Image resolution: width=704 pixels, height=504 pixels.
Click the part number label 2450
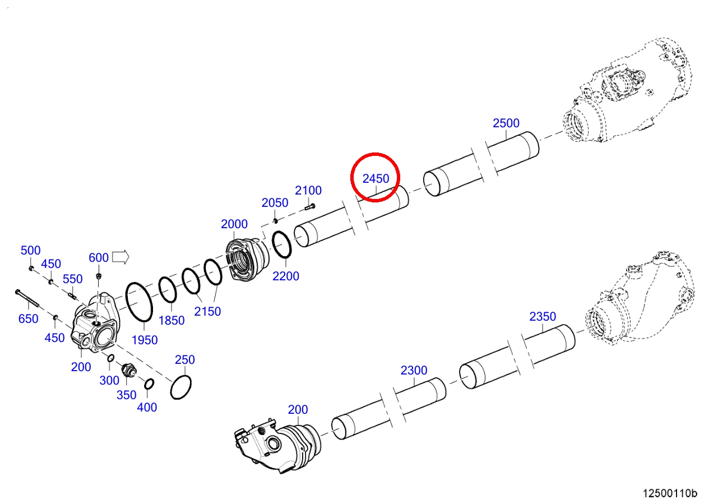(x=376, y=179)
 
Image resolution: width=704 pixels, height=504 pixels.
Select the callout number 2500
(x=506, y=123)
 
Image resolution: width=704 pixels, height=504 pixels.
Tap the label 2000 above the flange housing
(x=234, y=224)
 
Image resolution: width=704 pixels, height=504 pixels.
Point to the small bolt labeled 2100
(x=309, y=207)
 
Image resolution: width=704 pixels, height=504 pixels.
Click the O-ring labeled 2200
(x=281, y=245)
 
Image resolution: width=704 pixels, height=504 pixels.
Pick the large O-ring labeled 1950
(x=139, y=302)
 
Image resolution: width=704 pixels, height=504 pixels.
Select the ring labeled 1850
(x=168, y=290)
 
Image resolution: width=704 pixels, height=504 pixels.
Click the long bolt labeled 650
(x=27, y=298)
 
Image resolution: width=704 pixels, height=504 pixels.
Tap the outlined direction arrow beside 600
(x=121, y=257)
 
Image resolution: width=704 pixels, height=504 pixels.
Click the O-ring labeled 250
(x=181, y=387)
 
